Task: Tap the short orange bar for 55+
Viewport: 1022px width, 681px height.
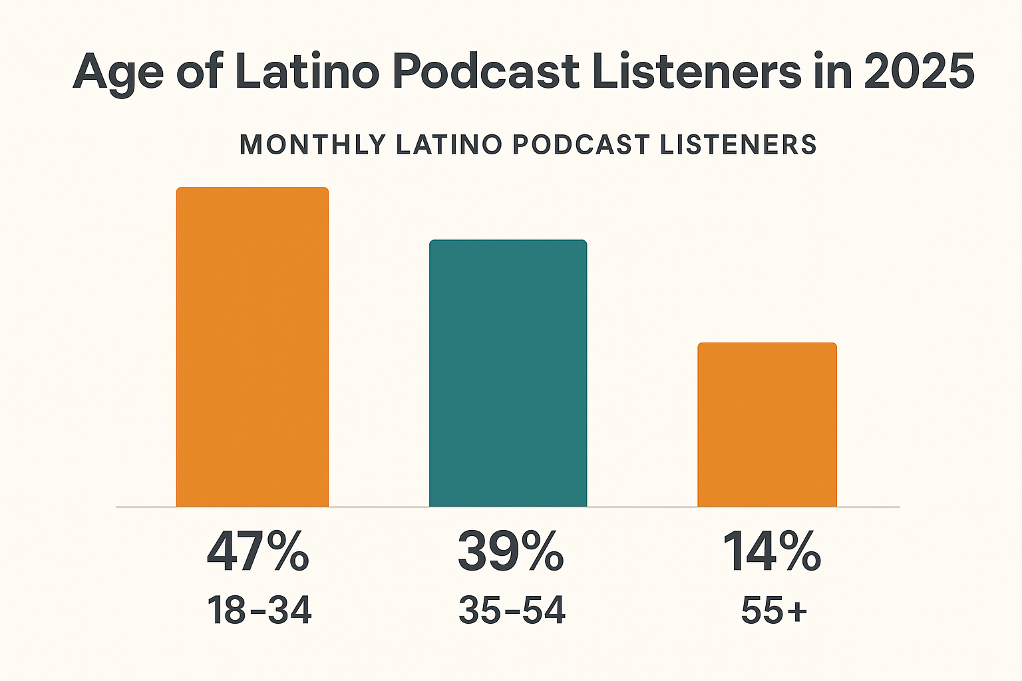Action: [x=766, y=425]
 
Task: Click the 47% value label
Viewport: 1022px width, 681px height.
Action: [x=257, y=552]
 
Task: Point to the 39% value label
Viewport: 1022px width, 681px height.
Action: [x=510, y=552]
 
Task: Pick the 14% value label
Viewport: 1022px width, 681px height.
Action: [x=772, y=552]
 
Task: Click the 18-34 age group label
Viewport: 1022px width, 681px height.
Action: [x=259, y=610]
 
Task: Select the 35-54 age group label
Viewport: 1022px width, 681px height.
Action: [x=512, y=610]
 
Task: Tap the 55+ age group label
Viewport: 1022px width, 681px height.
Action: [x=774, y=610]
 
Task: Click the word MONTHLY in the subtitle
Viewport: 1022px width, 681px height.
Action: [x=313, y=145]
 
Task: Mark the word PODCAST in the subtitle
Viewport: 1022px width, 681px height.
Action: [x=581, y=145]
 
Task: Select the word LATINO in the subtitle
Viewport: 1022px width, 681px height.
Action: [x=448, y=145]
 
